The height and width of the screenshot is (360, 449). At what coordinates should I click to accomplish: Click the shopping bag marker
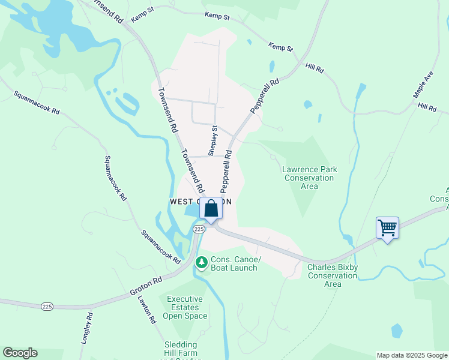(x=211, y=209)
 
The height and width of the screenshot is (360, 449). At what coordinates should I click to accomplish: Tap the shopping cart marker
(x=388, y=229)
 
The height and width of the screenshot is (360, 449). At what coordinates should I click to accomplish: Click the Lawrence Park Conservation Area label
(x=309, y=178)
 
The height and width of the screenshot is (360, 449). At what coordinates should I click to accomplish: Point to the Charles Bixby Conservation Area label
(x=332, y=275)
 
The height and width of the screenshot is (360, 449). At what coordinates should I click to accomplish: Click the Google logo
(x=20, y=353)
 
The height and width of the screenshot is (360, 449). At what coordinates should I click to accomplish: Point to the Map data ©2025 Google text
(x=411, y=355)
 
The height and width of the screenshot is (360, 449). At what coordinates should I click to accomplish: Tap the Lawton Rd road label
(x=146, y=308)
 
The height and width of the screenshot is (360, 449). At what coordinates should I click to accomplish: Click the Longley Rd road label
(x=86, y=328)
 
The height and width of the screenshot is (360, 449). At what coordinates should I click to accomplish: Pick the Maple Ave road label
(x=423, y=86)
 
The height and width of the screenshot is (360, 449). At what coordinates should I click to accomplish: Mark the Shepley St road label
(x=212, y=140)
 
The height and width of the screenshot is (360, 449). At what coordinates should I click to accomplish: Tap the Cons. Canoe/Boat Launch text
(x=234, y=263)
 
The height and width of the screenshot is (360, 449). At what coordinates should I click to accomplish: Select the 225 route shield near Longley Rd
(x=47, y=306)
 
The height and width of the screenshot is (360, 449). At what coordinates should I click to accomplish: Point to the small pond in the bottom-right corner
(x=396, y=331)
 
